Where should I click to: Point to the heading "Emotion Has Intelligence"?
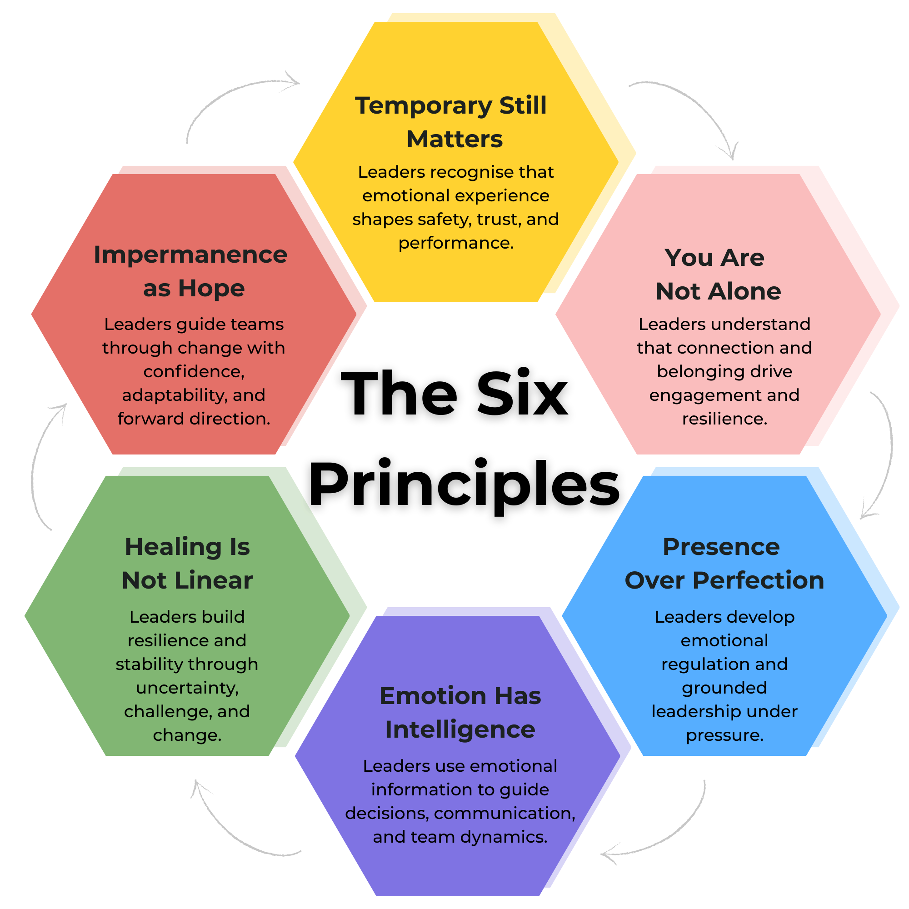click(x=459, y=712)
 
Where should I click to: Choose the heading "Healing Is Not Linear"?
click(x=187, y=563)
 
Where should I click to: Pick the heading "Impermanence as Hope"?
click(x=191, y=271)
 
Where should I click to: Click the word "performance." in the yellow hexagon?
click(x=455, y=243)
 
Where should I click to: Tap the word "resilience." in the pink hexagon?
click(x=724, y=418)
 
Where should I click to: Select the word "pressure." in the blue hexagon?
click(x=724, y=735)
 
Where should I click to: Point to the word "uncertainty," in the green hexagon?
click(x=187, y=688)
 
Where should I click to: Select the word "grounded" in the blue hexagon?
click(x=724, y=688)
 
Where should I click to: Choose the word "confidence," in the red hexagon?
click(x=194, y=372)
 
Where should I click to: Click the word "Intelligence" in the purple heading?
click(x=459, y=729)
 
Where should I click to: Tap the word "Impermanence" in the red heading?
click(x=191, y=255)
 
